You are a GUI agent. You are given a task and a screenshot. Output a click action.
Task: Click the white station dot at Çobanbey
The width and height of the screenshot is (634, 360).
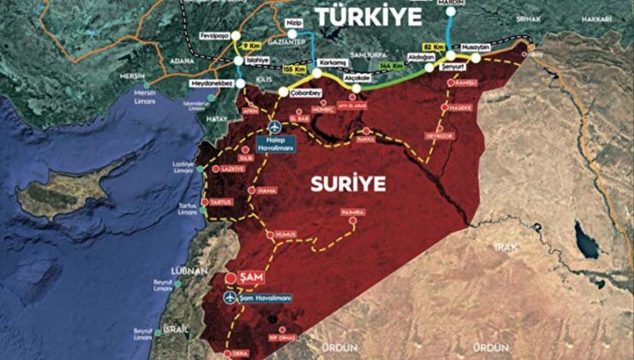click(x=283, y=91)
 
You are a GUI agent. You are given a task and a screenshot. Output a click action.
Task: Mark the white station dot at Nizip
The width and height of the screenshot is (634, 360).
click(x=292, y=35)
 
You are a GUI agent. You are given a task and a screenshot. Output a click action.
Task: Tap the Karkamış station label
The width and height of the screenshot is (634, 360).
click(x=331, y=63)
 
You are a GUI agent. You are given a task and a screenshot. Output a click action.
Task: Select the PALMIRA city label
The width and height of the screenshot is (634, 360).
click(x=351, y=212)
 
